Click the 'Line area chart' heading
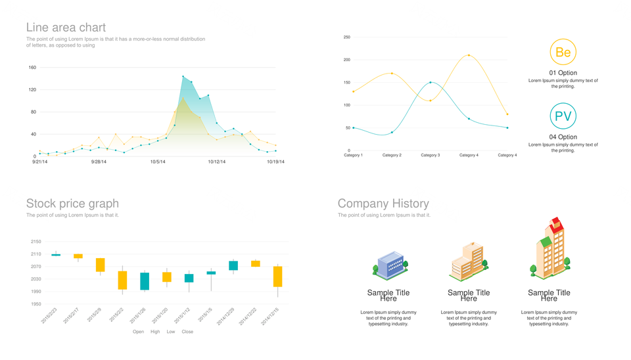66,28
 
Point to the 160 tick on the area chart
32,68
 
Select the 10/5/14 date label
158,162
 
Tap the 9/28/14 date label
99,162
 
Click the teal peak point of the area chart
183,77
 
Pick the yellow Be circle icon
563,53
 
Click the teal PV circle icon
563,117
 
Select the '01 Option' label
563,73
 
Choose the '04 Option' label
563,137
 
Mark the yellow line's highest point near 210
469,55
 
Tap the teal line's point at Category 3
430,83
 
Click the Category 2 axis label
392,155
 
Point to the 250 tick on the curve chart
347,37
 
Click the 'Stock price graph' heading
72,204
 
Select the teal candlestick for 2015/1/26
145,281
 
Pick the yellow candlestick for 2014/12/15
277,277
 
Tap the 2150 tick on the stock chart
35,242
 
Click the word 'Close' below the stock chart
187,332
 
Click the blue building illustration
390,265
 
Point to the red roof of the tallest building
557,222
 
